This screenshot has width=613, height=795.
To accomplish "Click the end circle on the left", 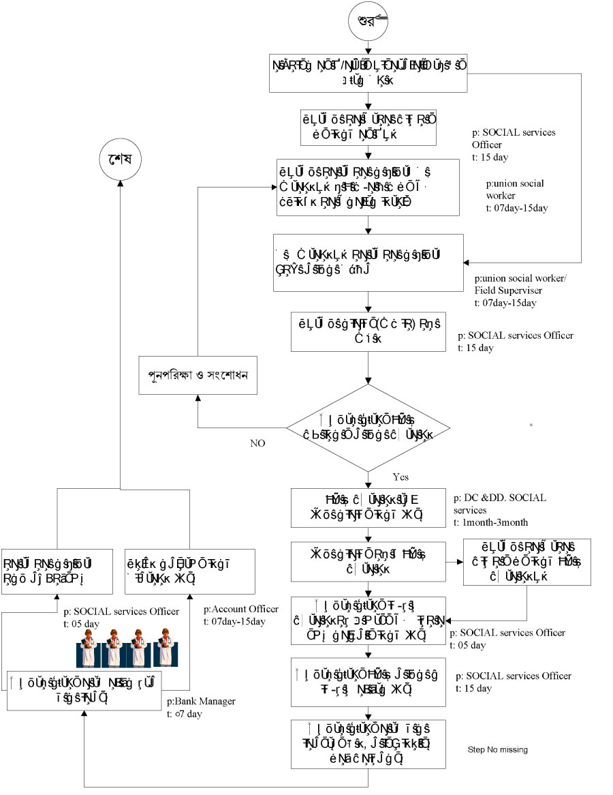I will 119,161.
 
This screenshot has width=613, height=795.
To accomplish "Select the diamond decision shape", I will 368,427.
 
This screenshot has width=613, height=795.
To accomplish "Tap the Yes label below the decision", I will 400,477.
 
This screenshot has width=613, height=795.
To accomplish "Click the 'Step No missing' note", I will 497,750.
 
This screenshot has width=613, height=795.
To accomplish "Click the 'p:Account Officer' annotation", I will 241,609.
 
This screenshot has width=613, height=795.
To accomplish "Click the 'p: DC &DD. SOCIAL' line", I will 500,498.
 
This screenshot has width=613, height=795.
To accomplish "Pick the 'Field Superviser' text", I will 507,290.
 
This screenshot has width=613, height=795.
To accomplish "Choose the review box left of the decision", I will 198,376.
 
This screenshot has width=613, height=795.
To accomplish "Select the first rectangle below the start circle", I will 368,74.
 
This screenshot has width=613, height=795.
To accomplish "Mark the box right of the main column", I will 526,562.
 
